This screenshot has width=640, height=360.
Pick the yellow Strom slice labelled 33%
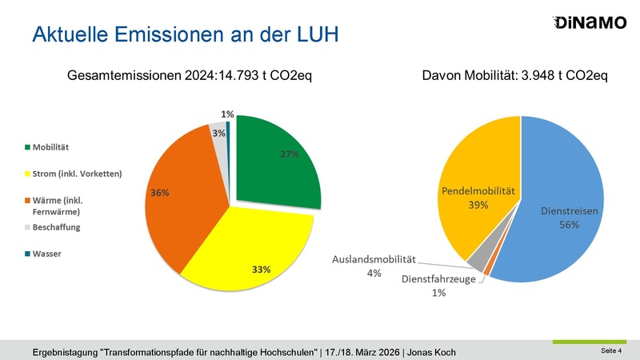248,252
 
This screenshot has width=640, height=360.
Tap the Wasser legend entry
48,254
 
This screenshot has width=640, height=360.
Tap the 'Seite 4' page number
611,351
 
